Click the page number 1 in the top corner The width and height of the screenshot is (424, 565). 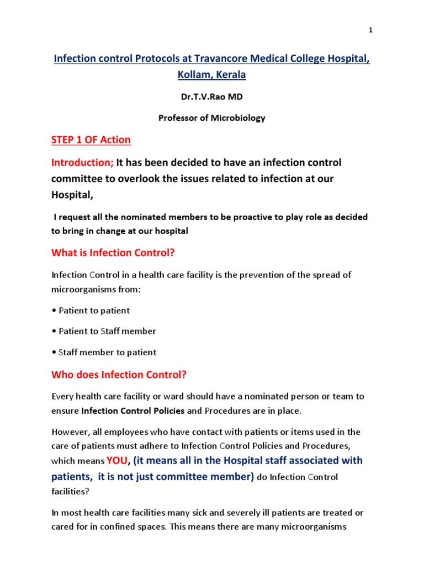pos(371,30)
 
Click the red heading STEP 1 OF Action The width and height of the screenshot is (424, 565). pos(91,140)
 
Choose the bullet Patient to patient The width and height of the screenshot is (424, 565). pos(91,311)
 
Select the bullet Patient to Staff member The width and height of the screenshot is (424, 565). pos(104,332)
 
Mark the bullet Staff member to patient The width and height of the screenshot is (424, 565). pos(104,353)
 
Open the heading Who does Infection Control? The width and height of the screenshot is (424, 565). pos(119,375)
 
